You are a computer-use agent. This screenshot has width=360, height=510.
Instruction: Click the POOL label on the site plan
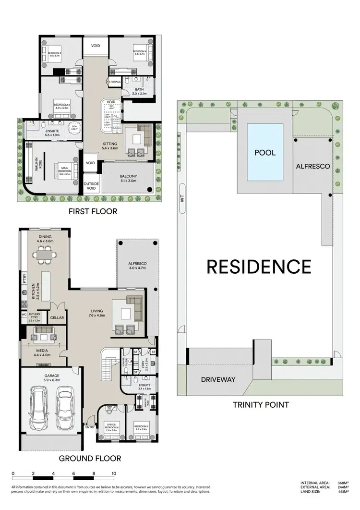pos(264,153)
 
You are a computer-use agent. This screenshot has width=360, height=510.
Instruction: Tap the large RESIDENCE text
pos(259,267)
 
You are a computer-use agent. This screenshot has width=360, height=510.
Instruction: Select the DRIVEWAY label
pos(218,379)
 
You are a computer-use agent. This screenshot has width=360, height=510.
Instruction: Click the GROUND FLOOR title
pos(90,459)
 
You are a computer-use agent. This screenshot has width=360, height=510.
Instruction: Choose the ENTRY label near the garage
pos(90,427)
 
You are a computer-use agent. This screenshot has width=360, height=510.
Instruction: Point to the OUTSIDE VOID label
pos(91,186)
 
